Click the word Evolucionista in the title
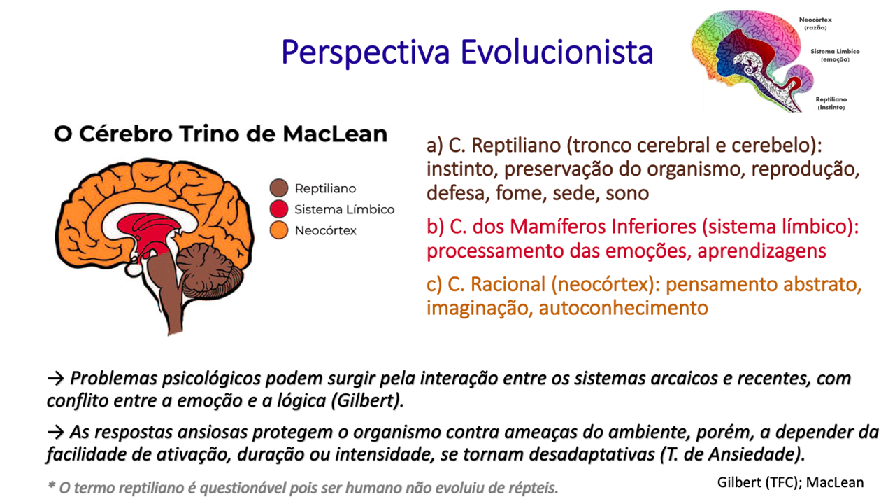coord(557,52)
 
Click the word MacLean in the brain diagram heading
coord(335,134)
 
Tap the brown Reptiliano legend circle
coord(279,188)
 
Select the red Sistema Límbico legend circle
coord(279,209)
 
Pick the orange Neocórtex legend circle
coord(279,230)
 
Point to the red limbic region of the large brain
coord(150,232)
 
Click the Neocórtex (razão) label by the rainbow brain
coord(815,24)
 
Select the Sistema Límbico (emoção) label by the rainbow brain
coord(835,55)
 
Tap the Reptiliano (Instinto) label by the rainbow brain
coord(831,104)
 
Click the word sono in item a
coord(627,194)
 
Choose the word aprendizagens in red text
coord(761,252)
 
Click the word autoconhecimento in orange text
coord(623,309)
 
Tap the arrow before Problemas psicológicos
coord(55,379)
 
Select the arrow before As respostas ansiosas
coord(55,433)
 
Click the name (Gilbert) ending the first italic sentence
coord(368,401)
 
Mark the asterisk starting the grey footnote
coord(51,486)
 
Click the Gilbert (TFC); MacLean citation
coord(790,483)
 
